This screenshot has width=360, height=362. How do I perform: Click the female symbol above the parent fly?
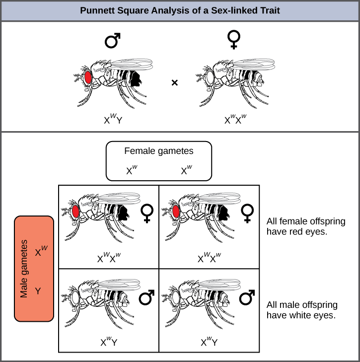234,39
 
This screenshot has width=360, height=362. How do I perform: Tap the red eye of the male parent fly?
88,77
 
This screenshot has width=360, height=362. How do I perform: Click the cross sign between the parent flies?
175,82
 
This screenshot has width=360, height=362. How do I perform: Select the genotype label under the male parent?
113,119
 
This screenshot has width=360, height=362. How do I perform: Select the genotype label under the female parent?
235,119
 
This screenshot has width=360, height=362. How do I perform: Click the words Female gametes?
158,151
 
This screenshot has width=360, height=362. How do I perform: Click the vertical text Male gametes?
24,269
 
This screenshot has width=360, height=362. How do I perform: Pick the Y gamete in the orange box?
38,291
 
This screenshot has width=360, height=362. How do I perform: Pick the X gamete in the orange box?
41,251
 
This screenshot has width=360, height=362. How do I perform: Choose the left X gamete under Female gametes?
132,170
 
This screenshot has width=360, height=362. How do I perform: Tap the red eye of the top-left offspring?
75,212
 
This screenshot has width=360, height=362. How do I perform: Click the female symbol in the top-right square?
247,214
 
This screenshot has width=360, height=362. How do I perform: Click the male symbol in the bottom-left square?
146,297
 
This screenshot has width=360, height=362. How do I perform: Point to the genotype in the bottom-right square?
209,342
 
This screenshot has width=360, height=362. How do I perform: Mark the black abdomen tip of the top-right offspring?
223,213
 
